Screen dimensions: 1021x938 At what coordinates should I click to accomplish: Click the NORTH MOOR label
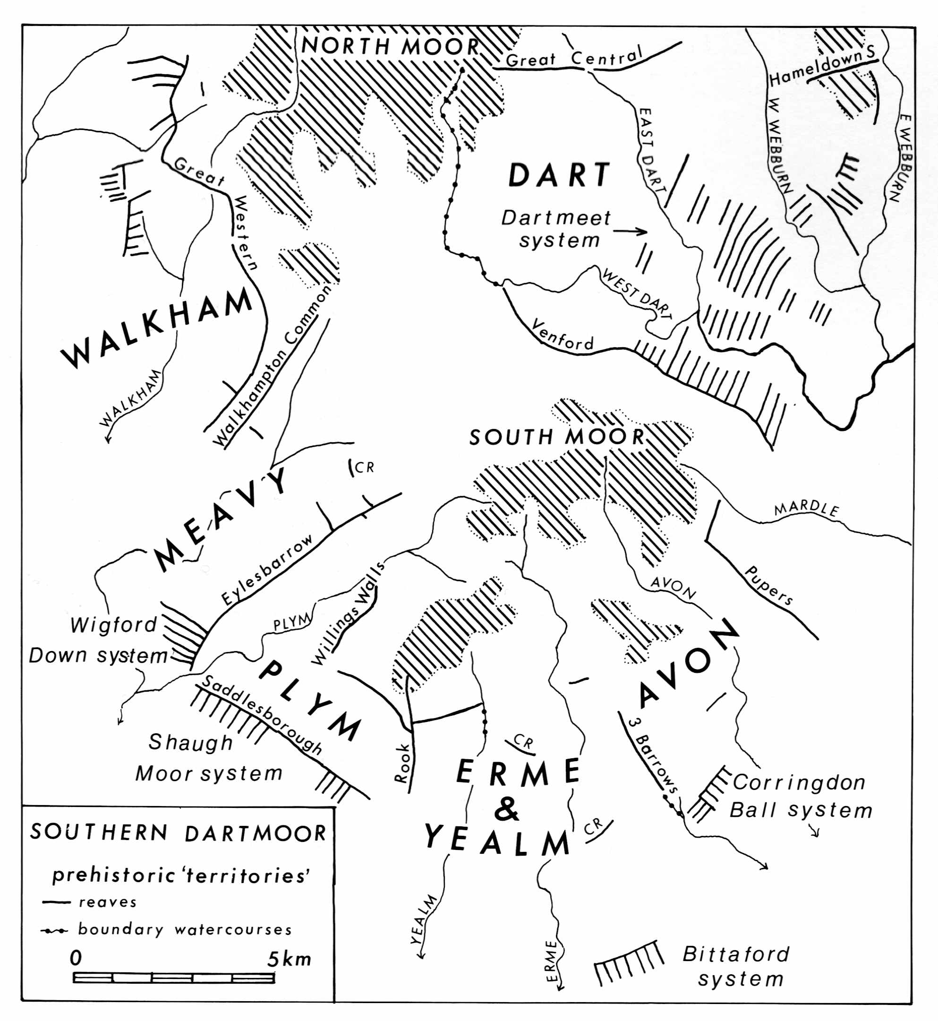pos(390,47)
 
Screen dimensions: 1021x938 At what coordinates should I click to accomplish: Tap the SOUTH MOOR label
pos(557,437)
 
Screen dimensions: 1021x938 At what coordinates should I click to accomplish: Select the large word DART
pos(559,175)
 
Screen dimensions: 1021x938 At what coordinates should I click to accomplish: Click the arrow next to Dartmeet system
pos(630,232)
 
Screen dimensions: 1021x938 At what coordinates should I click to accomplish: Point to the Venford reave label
pos(563,336)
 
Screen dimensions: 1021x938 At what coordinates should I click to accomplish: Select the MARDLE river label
pos(806,509)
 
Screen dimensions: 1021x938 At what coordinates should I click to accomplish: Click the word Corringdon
pos(799,782)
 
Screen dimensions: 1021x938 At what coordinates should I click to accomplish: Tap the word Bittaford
pos(736,954)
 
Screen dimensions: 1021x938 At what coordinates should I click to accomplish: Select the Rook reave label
pos(402,763)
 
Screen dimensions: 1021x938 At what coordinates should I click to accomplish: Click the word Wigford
pos(114,625)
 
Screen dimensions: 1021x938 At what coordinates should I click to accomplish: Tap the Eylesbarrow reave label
pos(267,570)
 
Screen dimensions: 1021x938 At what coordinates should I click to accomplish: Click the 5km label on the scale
pos(289,959)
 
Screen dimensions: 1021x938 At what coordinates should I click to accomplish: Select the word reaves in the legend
pos(108,902)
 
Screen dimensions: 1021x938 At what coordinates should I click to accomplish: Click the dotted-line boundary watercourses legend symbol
pos(54,931)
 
